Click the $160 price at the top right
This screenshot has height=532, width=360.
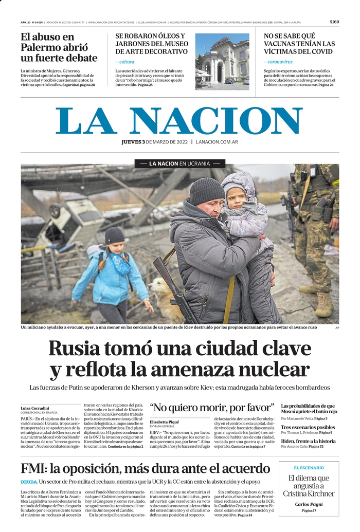point(334,22)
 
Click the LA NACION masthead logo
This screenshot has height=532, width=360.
point(179,121)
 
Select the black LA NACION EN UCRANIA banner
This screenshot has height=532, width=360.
point(180,163)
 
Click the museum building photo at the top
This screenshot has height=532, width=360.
point(222,62)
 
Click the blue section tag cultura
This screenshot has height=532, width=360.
point(124,62)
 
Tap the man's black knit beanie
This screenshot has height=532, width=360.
point(206,191)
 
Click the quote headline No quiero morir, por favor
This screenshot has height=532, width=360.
point(212,408)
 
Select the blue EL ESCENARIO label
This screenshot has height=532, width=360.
point(309,468)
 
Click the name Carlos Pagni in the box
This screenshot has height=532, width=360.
point(309,504)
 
